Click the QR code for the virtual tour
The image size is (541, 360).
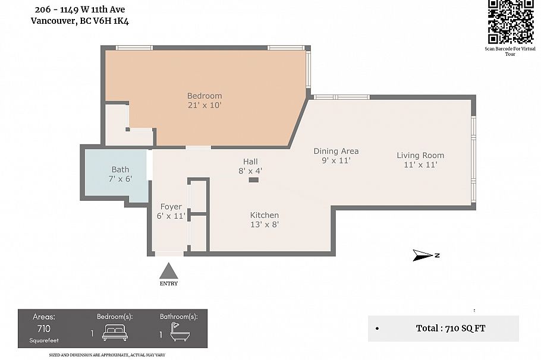click(511, 22)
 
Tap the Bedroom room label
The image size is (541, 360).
click(205, 96)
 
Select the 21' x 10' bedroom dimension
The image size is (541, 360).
click(205, 105)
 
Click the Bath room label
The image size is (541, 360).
click(120, 169)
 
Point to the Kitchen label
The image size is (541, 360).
click(264, 215)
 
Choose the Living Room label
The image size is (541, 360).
click(420, 155)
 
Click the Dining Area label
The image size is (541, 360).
click(336, 151)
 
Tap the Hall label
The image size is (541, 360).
click(250, 162)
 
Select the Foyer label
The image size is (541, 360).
click(171, 207)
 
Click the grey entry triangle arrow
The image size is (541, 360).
click(169, 271)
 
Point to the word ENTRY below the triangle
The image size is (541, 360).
click(169, 283)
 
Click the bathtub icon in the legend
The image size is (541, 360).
click(179, 333)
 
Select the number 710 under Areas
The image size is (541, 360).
click(43, 329)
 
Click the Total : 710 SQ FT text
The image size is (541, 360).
click(450, 328)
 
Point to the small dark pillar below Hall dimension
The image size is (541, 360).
click(253, 179)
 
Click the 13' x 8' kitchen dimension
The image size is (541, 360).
click(265, 225)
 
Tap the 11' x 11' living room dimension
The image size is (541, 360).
click(420, 165)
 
